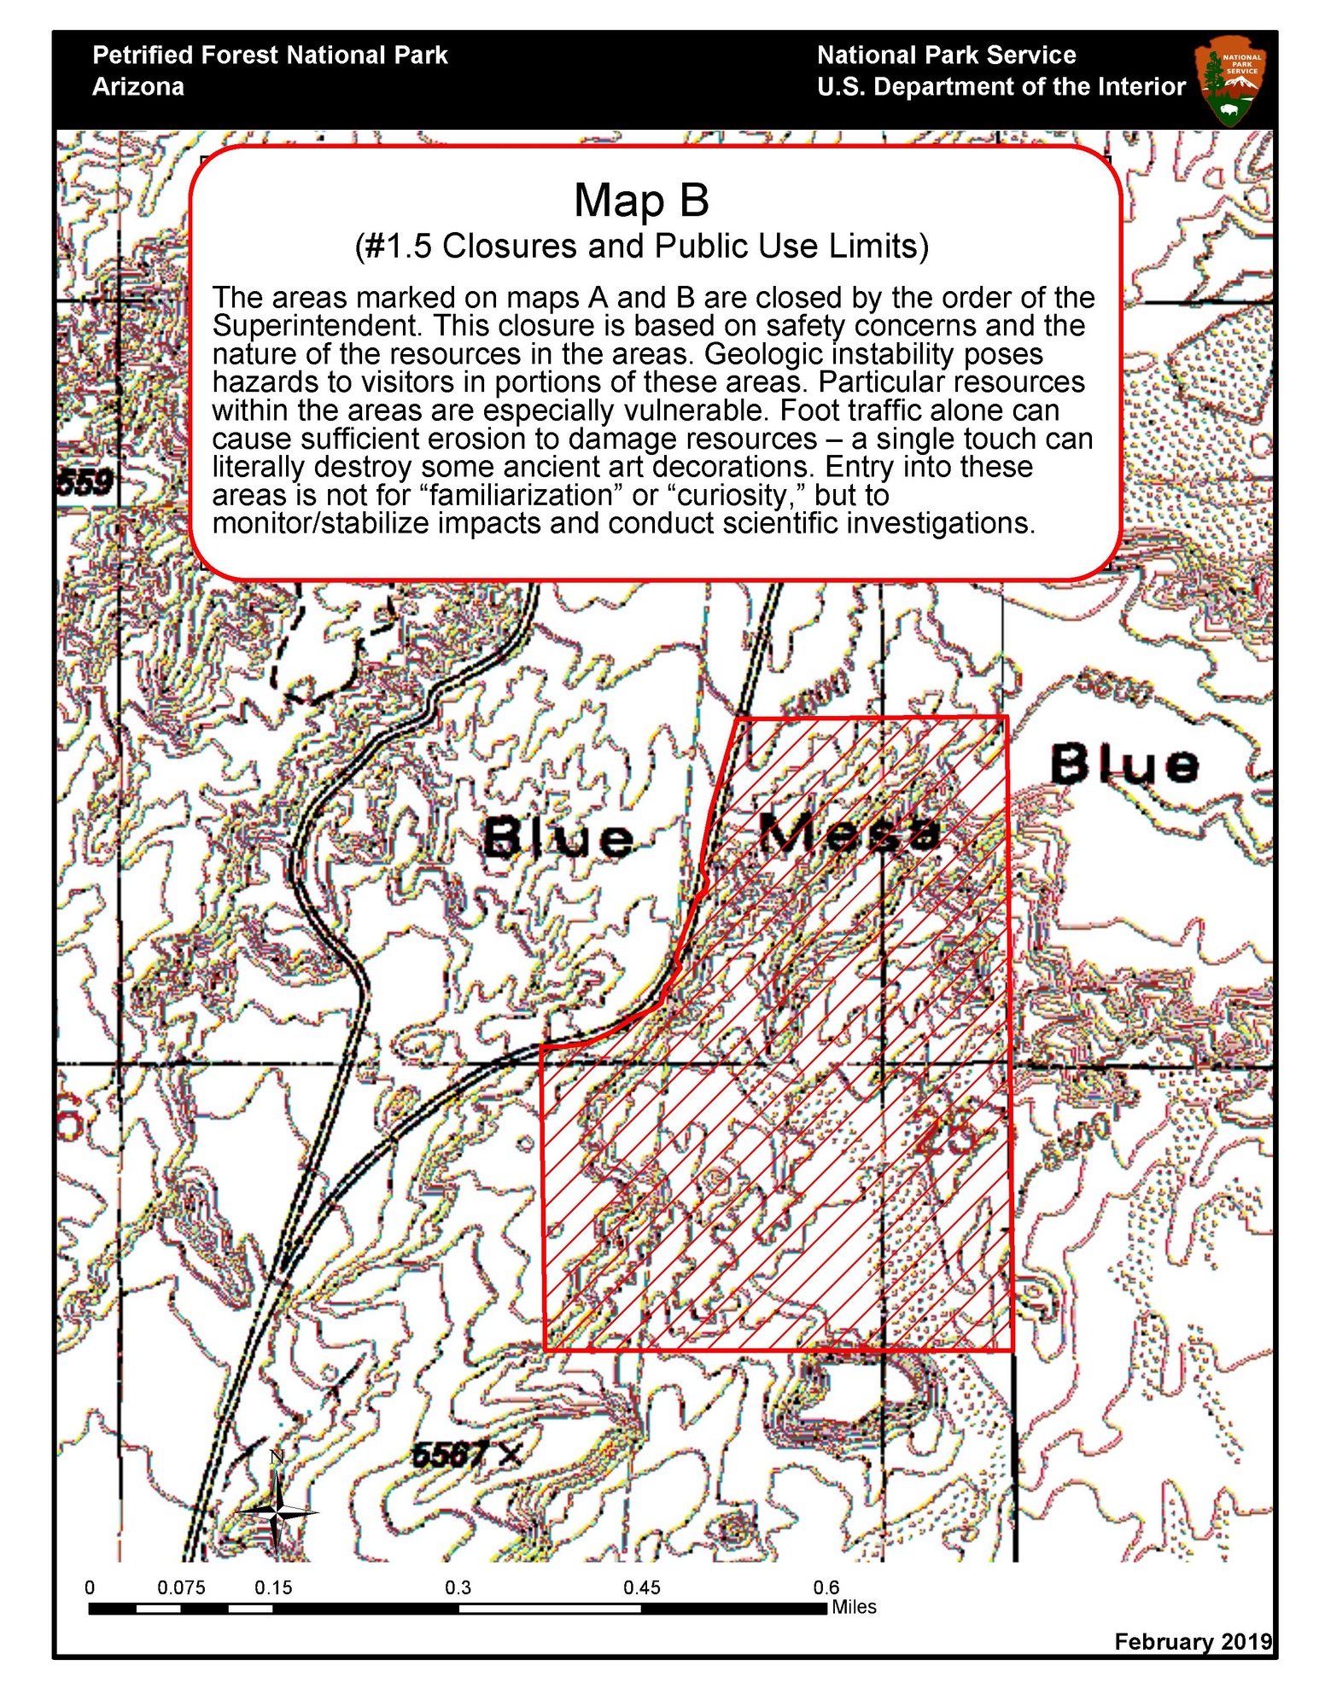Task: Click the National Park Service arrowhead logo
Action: pos(1230,80)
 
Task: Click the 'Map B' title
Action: pos(641,201)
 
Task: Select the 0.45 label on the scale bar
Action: pos(641,1587)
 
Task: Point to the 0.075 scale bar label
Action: pos(181,1587)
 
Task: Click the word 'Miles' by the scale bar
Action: pos(854,1607)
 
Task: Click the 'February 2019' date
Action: pos(1192,1641)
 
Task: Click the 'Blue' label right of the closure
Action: pos(1123,764)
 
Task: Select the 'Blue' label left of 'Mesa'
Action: pos(559,838)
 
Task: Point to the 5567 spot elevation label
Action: pos(449,1454)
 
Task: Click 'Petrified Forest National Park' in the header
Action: pos(270,55)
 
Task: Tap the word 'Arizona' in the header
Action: pos(138,87)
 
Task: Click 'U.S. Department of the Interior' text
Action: pos(1001,87)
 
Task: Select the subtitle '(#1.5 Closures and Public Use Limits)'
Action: pos(641,246)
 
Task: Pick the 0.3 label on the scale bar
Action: pos(458,1587)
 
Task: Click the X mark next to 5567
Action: pos(510,1455)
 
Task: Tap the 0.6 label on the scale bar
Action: pos(826,1587)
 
